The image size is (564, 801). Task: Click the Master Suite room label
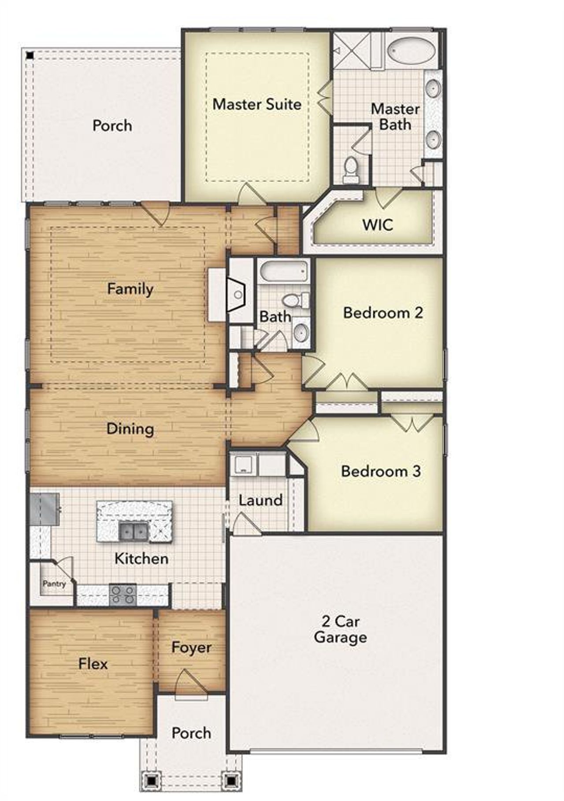[257, 104]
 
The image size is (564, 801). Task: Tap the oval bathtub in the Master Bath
[411, 50]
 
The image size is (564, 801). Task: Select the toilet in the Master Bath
[351, 169]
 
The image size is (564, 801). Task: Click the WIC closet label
[378, 224]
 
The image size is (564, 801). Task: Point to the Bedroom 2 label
[383, 313]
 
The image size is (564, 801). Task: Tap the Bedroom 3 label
[381, 471]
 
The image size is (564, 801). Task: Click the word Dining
[130, 429]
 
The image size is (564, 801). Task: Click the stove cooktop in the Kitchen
[122, 595]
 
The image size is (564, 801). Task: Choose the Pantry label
[54, 584]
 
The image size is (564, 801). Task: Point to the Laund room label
[260, 500]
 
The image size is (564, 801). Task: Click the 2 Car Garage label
[340, 629]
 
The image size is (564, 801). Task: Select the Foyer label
[191, 647]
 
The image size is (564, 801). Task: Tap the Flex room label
[93, 664]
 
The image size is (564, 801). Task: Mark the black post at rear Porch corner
[30, 55]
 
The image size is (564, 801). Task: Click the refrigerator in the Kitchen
[45, 509]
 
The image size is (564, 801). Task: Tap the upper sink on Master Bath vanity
[434, 89]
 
